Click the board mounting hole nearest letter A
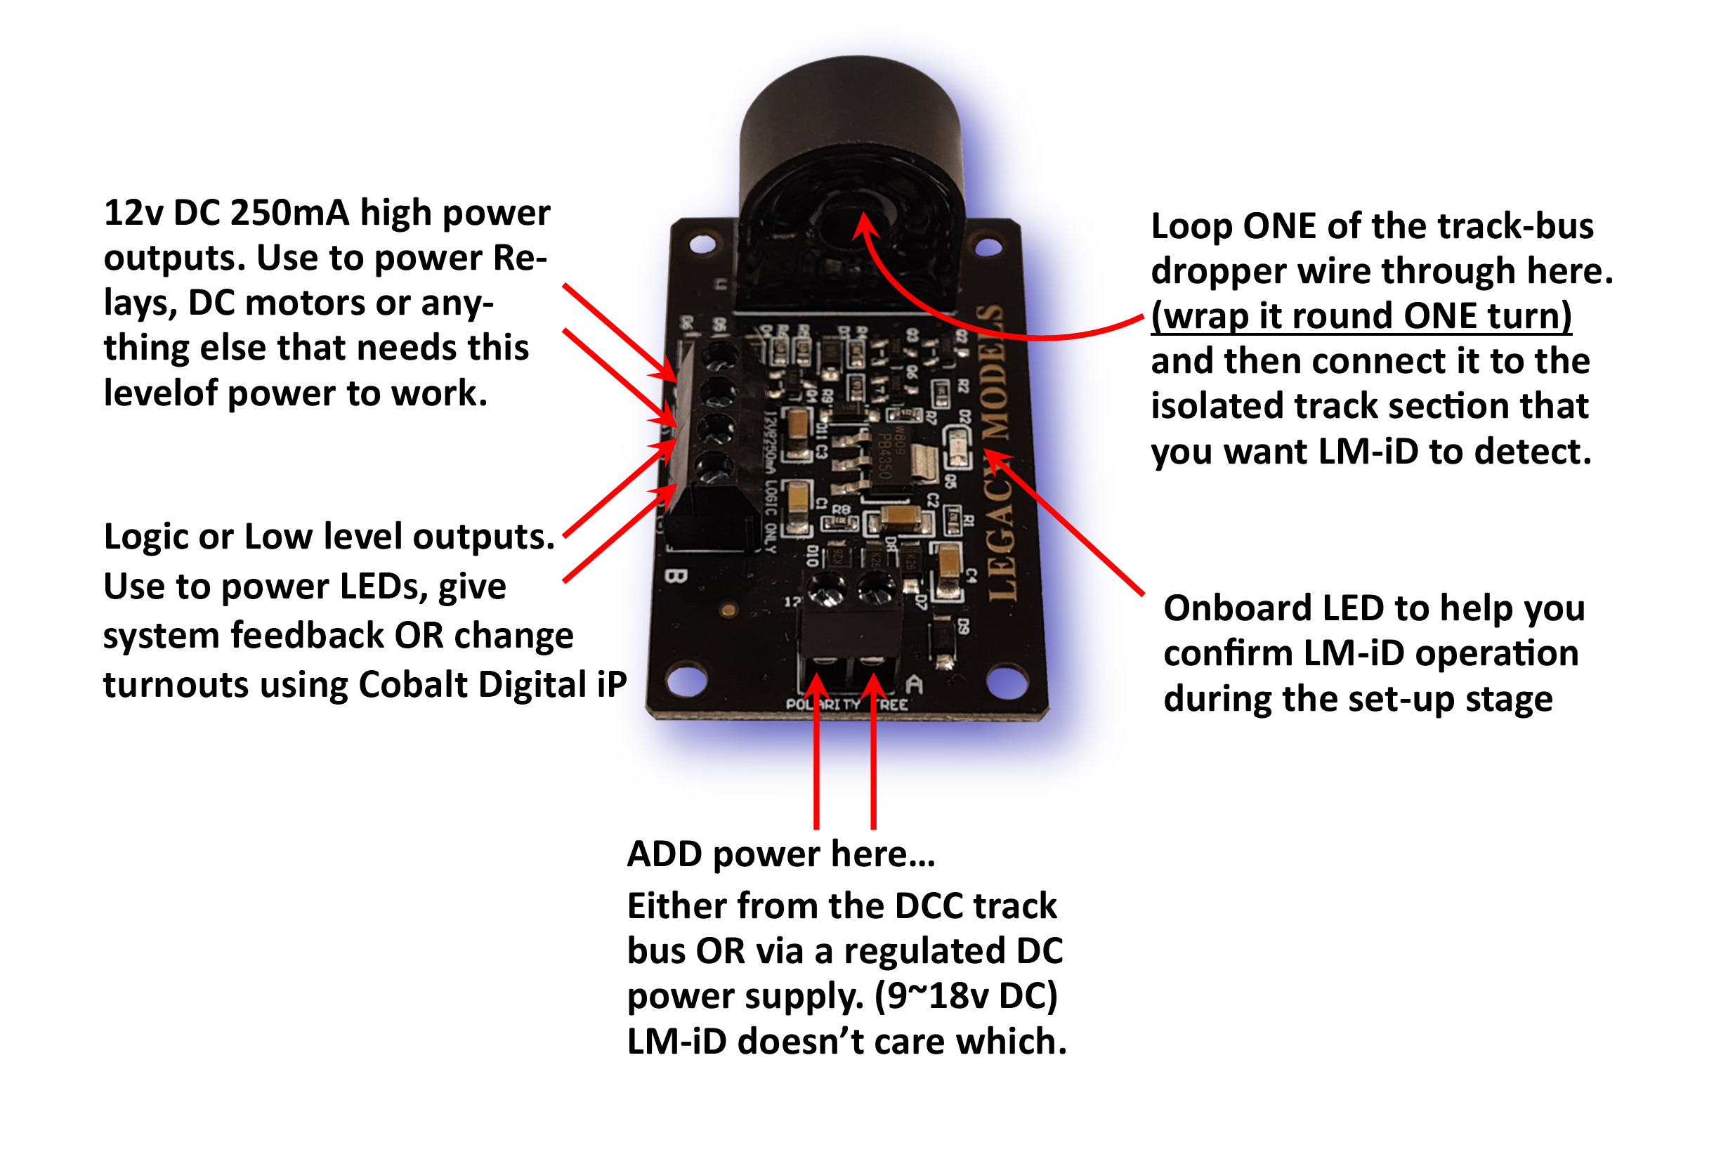tap(1007, 682)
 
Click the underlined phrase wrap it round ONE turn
tap(1361, 316)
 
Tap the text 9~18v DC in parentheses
tap(965, 996)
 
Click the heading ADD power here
tap(780, 854)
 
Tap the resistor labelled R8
tap(839, 521)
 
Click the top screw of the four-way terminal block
tap(719, 355)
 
